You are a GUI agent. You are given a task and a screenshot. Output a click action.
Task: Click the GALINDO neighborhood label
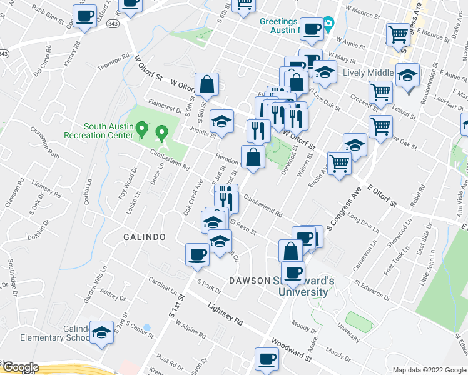[x=144, y=237]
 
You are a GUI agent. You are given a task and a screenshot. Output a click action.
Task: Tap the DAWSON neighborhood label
[x=249, y=281]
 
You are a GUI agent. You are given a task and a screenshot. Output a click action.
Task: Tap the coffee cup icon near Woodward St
[x=267, y=359]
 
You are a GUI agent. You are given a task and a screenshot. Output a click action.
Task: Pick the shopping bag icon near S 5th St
[x=206, y=84]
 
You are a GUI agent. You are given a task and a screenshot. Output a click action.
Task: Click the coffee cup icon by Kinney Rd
[x=85, y=16]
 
